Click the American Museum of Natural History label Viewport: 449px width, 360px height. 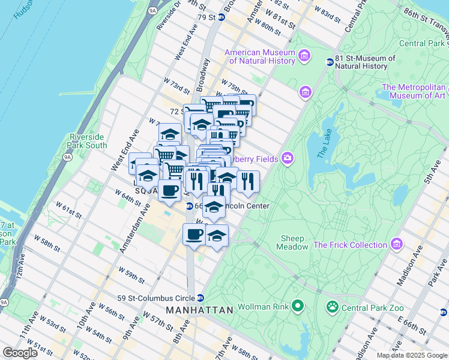[259, 56]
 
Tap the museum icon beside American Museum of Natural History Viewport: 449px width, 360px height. [304, 56]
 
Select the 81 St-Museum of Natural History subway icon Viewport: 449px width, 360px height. [330, 62]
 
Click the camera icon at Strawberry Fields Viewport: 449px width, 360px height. [288, 158]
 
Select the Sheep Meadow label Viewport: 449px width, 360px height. [292, 242]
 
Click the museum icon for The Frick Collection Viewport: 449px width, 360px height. [396, 244]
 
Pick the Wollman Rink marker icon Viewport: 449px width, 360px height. [297, 307]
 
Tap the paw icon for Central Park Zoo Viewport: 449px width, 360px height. [332, 307]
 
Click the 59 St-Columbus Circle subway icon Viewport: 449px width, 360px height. [200, 298]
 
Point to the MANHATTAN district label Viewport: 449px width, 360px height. [199, 310]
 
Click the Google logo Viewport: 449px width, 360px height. [20, 352]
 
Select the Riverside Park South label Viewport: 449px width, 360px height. [88, 141]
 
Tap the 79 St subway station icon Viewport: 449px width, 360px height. [221, 17]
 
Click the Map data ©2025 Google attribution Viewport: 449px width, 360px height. [411, 355]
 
